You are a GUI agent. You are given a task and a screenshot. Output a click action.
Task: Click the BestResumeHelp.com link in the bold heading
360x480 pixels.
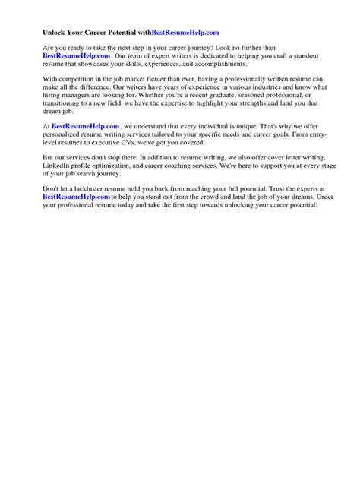point(186,33)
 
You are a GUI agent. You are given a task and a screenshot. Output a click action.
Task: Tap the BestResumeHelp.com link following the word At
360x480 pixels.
point(86,125)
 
